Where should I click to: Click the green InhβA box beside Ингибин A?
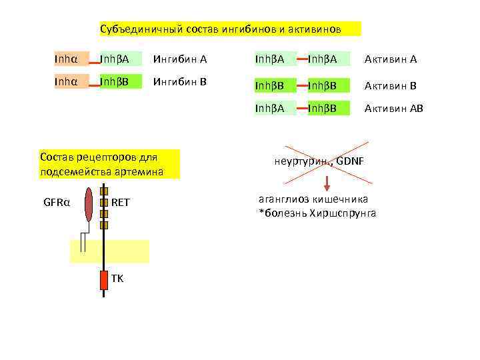point(121,59)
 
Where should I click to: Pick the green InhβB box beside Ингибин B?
point(121,83)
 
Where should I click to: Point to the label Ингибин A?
point(179,59)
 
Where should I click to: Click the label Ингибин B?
point(179,83)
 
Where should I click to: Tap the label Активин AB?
point(393,108)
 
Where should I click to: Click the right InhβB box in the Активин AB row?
point(329,108)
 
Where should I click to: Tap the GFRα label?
point(58,202)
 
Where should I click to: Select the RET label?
point(121,202)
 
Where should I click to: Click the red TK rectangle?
point(103,279)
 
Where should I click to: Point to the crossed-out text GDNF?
point(350,161)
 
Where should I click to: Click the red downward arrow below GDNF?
point(328,183)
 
